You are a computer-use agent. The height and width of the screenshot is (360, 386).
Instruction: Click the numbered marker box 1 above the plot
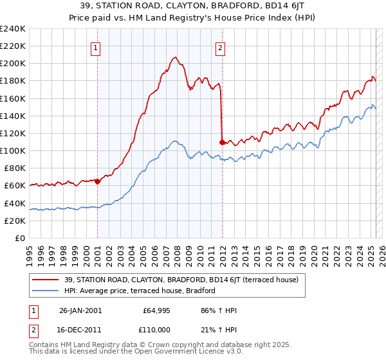tap(95, 46)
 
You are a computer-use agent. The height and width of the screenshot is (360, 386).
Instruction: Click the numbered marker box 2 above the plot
tap(220, 46)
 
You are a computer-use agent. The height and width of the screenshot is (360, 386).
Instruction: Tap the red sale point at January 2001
tap(97, 181)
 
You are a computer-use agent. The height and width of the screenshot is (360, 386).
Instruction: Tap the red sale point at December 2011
tap(222, 141)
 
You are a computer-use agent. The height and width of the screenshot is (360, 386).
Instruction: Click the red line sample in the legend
tap(46, 280)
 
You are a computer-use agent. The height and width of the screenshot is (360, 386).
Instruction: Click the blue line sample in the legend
tap(46, 291)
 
